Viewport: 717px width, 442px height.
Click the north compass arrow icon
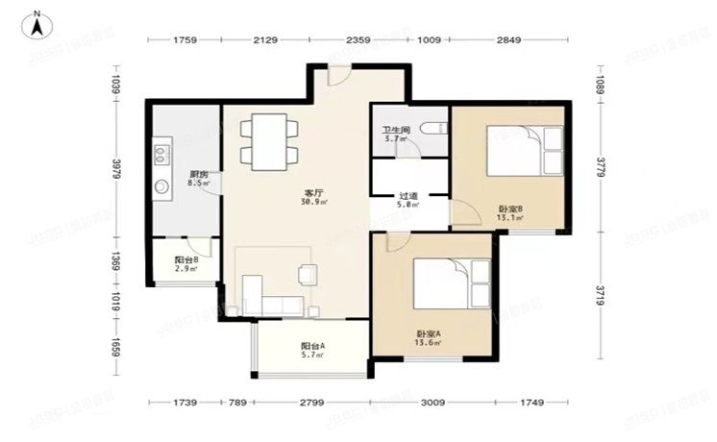point(36,24)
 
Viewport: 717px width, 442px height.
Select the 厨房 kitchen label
point(199,174)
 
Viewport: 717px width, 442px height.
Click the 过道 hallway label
point(408,196)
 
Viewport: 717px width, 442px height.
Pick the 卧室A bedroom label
point(426,333)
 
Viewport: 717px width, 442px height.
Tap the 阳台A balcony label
point(311,346)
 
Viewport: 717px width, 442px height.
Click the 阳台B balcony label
point(186,259)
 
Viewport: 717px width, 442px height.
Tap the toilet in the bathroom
point(434,129)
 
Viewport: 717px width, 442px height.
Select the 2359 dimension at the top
point(358,40)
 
